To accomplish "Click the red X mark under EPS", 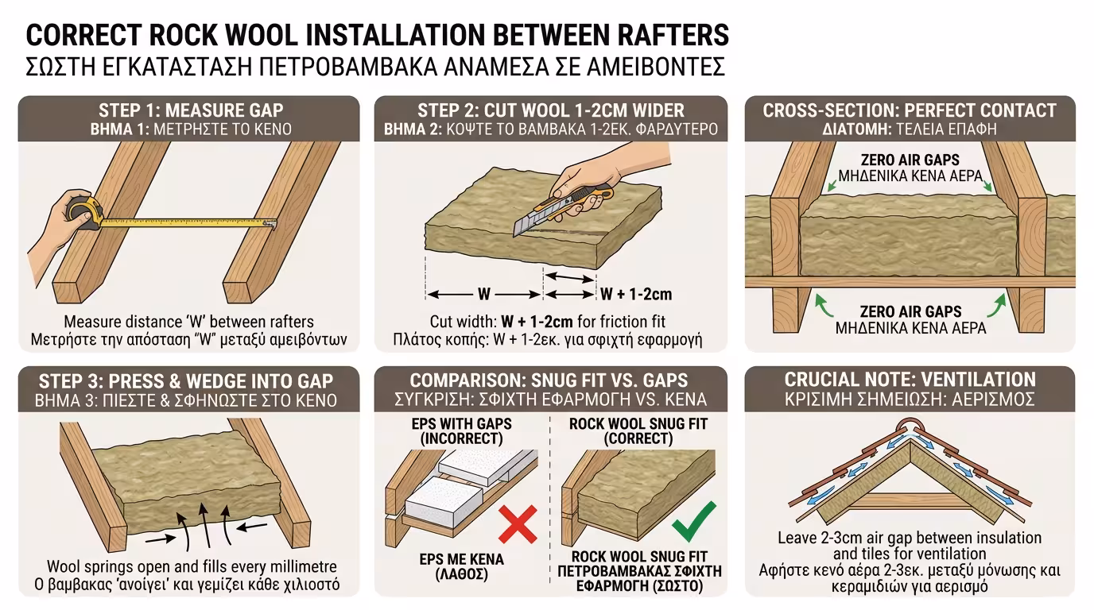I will coord(517,526).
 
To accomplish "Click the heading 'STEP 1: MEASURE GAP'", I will coord(190,110).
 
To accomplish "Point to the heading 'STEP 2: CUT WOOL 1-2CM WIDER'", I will coord(551,110).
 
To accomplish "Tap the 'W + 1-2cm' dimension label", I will coord(635,295).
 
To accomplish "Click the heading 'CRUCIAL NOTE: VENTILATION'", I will coord(910,379).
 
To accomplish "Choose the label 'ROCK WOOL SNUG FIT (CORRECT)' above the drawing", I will coord(627,430).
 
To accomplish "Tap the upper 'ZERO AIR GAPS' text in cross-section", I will coord(910,160).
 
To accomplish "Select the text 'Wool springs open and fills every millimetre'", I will coord(192,567).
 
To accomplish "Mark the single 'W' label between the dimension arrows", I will coord(484,295).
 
